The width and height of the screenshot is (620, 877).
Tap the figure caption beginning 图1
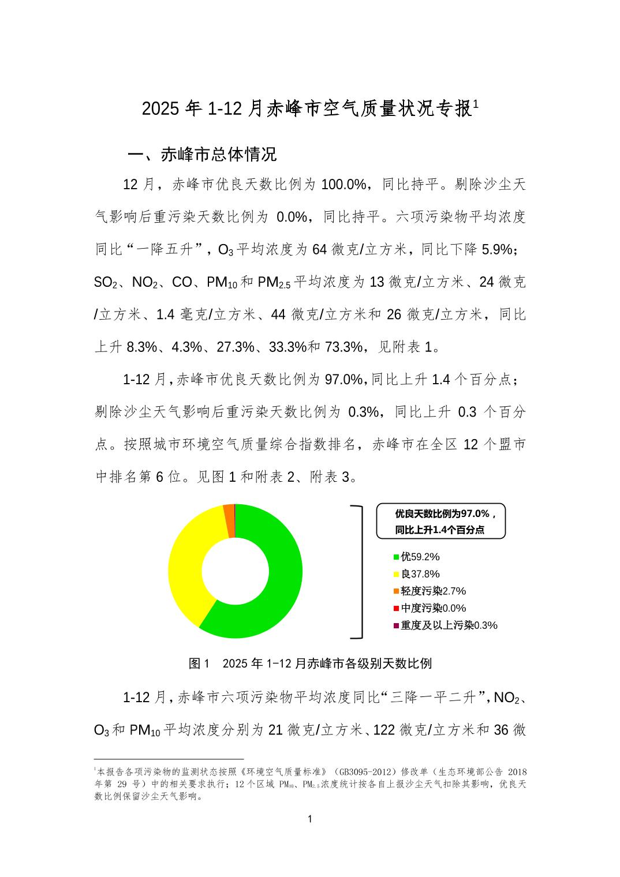[310, 664]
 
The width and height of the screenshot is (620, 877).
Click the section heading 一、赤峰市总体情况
[202, 155]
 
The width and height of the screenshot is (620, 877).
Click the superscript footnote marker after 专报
[476, 104]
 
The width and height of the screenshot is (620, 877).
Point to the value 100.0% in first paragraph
[344, 185]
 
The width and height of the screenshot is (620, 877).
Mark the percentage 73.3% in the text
[343, 347]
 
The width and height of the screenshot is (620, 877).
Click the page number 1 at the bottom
[310, 819]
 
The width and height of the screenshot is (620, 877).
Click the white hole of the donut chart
[235, 571]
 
